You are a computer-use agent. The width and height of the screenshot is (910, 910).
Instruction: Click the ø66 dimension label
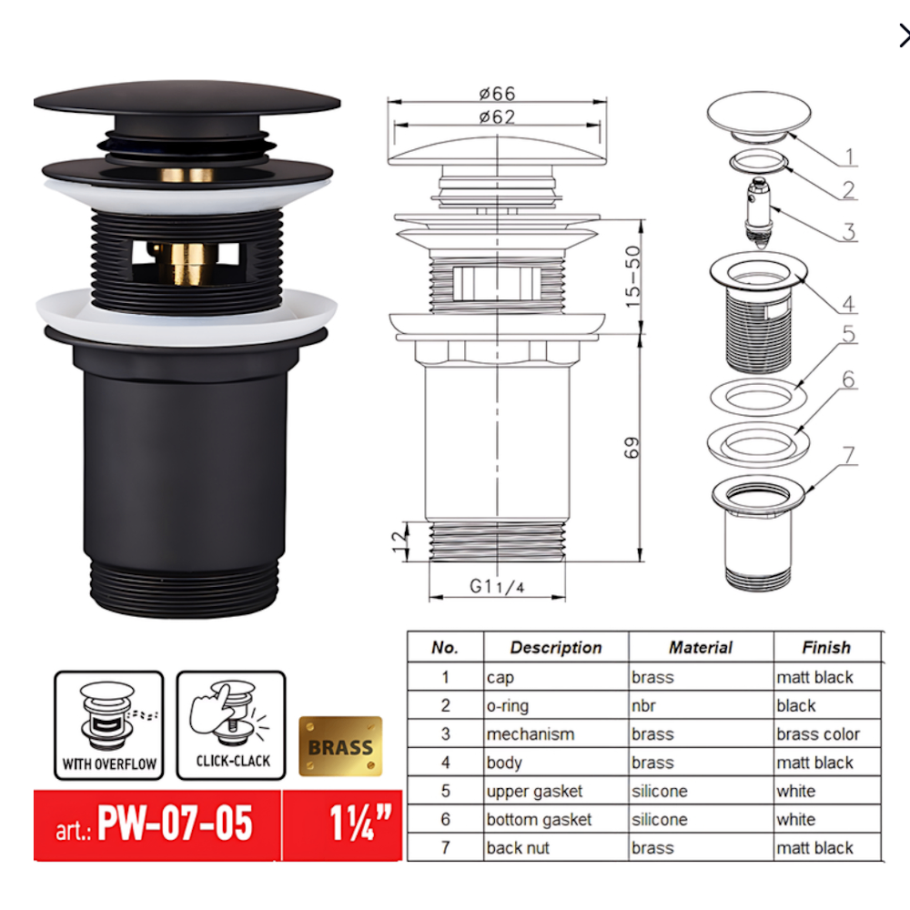pos(497,93)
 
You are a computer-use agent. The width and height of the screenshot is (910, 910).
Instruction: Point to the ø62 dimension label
pos(497,116)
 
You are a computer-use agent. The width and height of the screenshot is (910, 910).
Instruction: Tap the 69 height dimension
pos(632,447)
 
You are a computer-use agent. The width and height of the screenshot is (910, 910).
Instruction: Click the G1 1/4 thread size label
pos(497,587)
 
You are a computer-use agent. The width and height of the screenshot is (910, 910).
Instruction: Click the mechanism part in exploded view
pos(757,208)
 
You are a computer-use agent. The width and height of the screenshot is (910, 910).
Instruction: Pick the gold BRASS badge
pos(340,747)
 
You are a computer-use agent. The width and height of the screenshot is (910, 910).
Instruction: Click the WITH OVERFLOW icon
pos(108,725)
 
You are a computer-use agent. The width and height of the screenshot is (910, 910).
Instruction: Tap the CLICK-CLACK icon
pos(231,725)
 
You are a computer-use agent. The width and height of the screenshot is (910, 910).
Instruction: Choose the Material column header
pos(700,648)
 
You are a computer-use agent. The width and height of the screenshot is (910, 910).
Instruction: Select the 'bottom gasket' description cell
pos(539,820)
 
